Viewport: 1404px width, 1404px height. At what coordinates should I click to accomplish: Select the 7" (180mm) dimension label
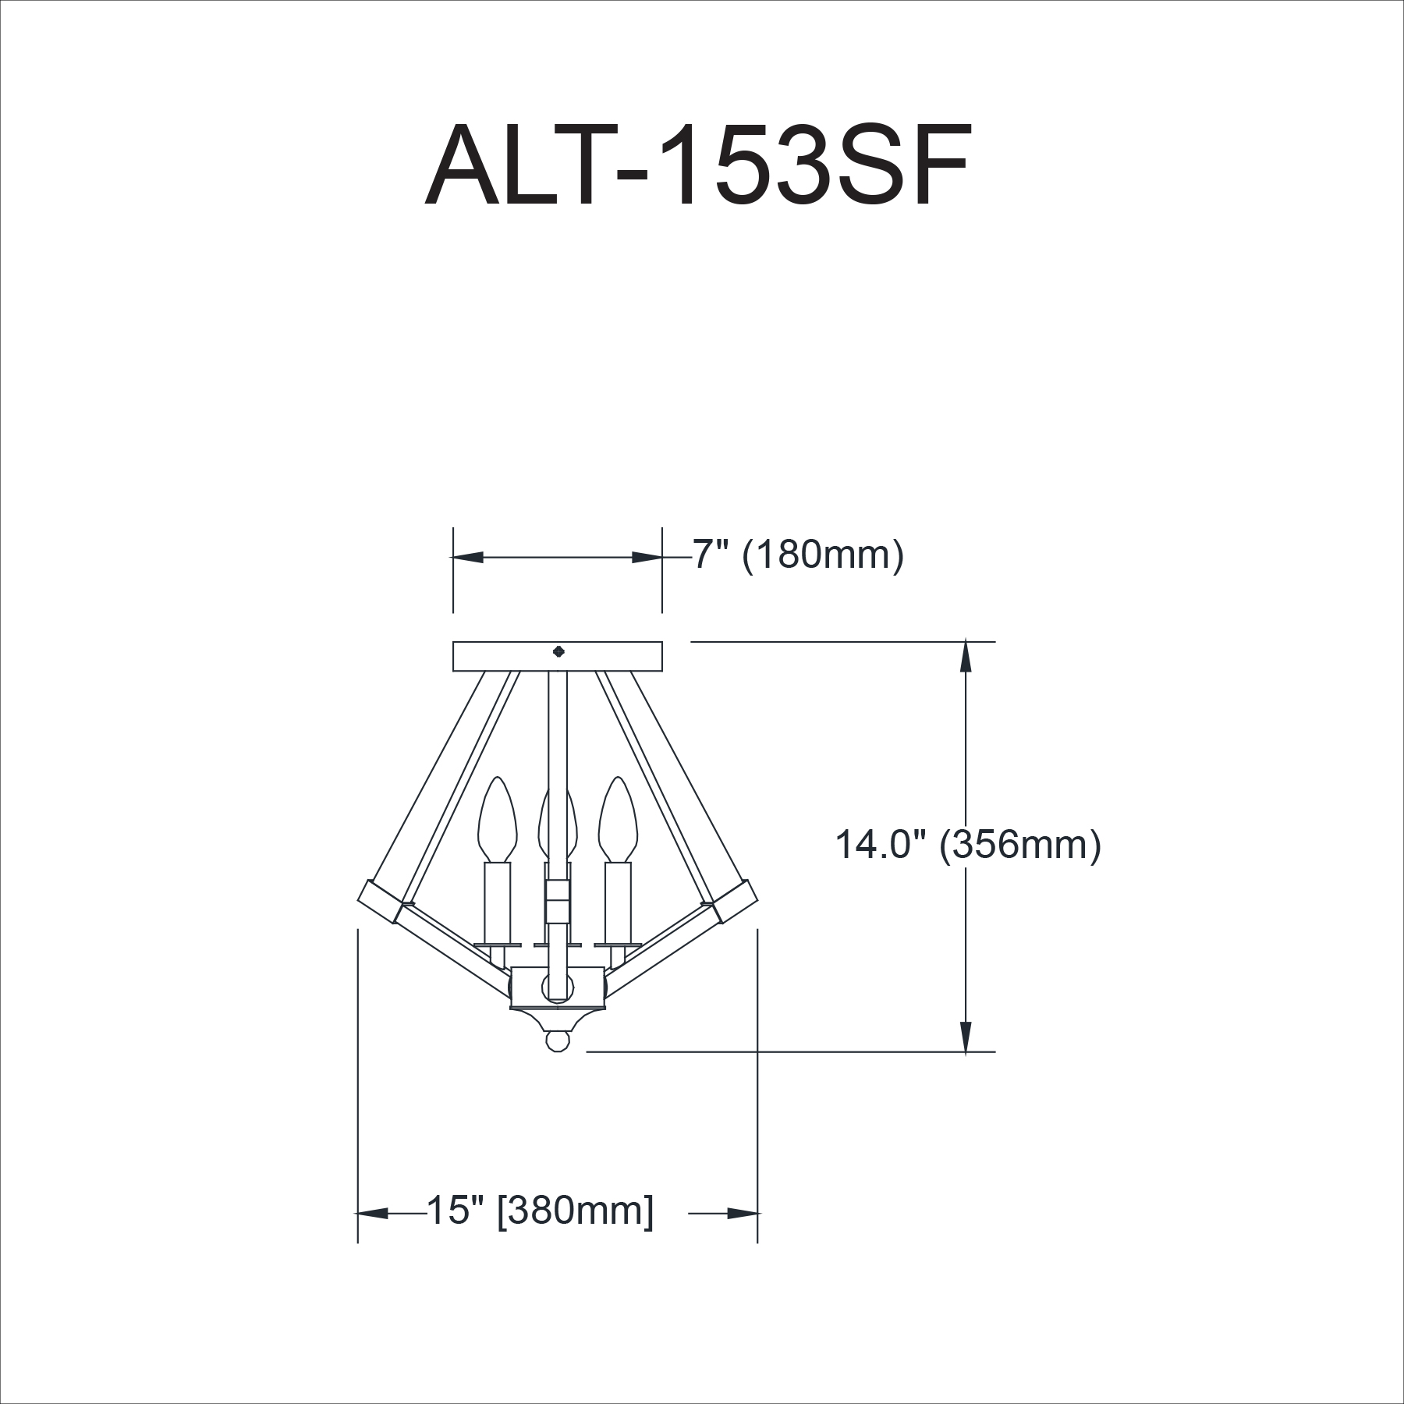point(799,555)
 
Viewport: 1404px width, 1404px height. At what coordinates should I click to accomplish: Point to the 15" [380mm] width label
point(540,1232)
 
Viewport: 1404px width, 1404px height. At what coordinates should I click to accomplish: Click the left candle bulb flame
point(498,819)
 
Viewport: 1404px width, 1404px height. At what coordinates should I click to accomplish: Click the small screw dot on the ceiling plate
point(558,652)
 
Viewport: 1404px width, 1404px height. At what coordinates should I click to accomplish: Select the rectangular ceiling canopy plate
point(558,656)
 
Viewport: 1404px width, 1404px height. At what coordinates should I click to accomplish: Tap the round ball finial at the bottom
point(557,1041)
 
